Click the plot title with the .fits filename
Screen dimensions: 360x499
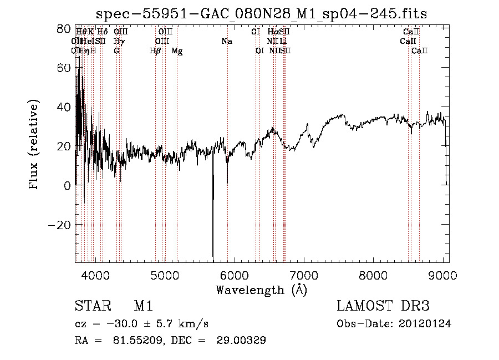(x=261, y=13)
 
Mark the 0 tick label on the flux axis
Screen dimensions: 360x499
(x=67, y=186)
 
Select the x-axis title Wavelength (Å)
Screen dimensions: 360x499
(x=261, y=290)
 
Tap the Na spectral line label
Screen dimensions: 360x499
(x=226, y=42)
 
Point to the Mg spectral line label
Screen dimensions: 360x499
(x=177, y=51)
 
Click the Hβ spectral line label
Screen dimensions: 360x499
(x=155, y=51)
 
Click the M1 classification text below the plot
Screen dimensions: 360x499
(x=143, y=306)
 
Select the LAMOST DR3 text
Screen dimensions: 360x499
(x=383, y=306)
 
